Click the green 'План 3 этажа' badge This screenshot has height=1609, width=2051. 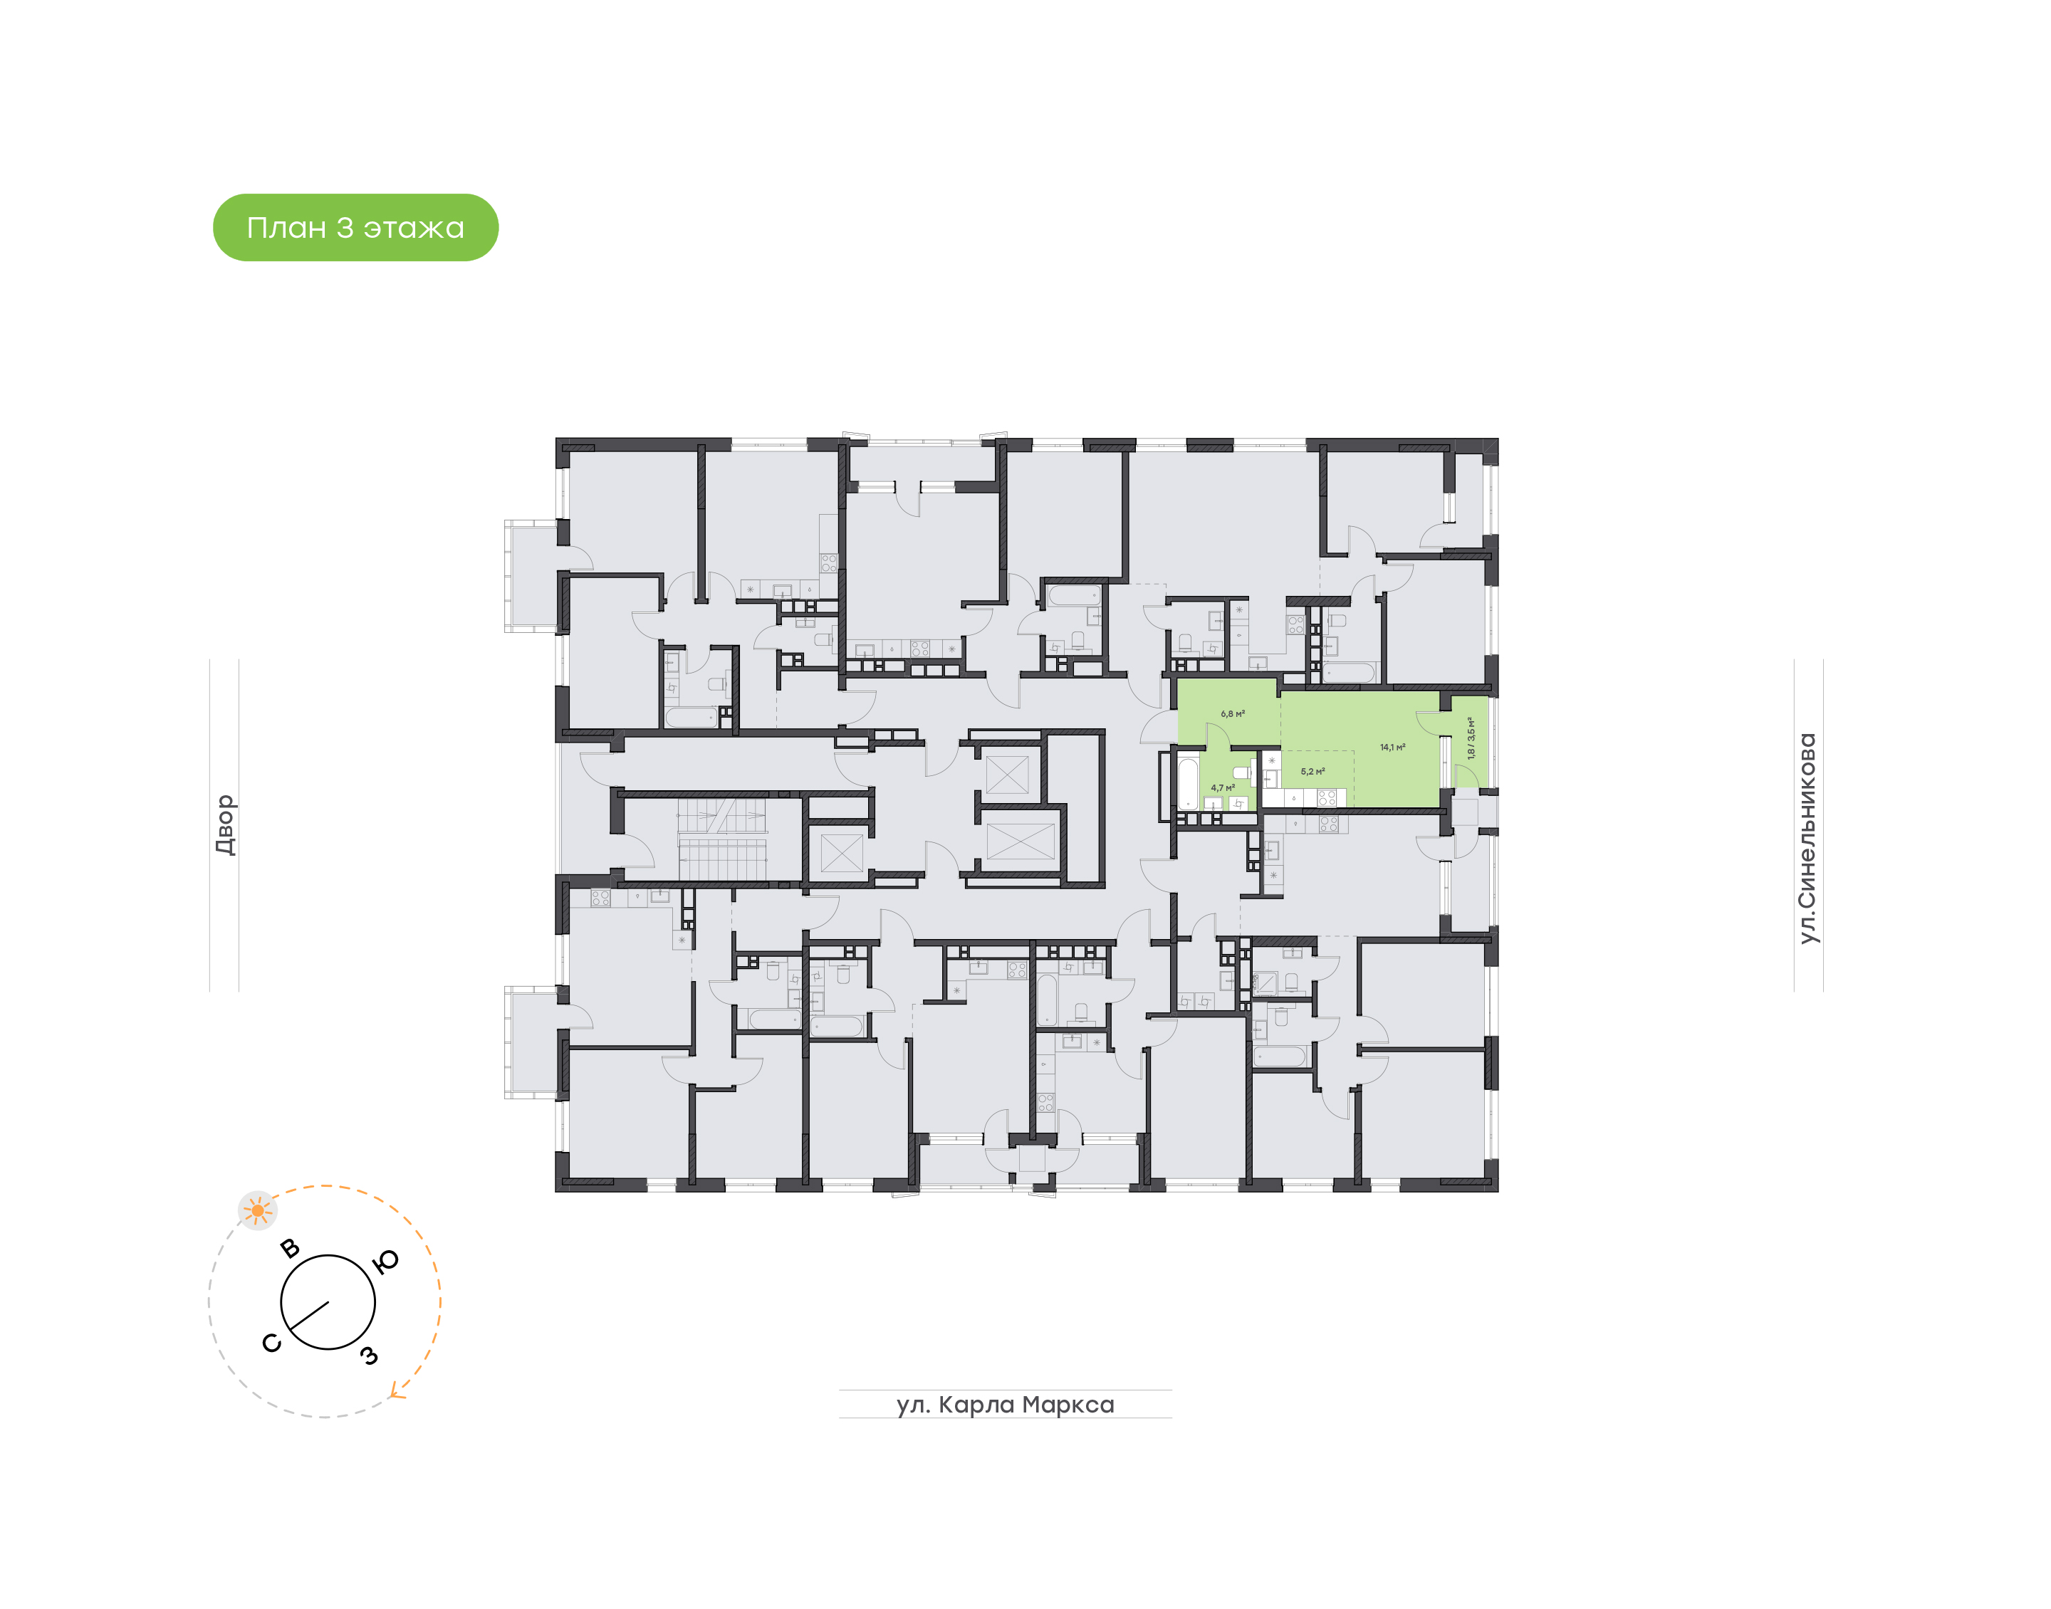[355, 227]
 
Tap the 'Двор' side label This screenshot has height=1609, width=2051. [224, 824]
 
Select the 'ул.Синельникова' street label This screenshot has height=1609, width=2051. [1806, 839]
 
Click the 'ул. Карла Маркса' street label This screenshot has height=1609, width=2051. [1004, 1405]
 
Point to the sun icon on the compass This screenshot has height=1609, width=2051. [257, 1210]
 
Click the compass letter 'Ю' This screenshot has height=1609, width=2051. [386, 1262]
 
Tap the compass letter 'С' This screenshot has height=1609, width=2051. [271, 1343]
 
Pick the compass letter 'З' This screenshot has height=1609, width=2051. [370, 1356]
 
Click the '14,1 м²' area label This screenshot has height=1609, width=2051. [1392, 747]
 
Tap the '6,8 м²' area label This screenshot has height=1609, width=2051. [1232, 714]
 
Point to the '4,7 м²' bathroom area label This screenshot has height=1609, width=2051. [1222, 787]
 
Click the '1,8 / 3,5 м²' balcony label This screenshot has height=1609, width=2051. [1471, 738]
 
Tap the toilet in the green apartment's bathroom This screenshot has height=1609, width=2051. [1243, 772]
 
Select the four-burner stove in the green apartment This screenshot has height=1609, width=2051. [1327, 798]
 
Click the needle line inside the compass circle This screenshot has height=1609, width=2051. [309, 1316]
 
